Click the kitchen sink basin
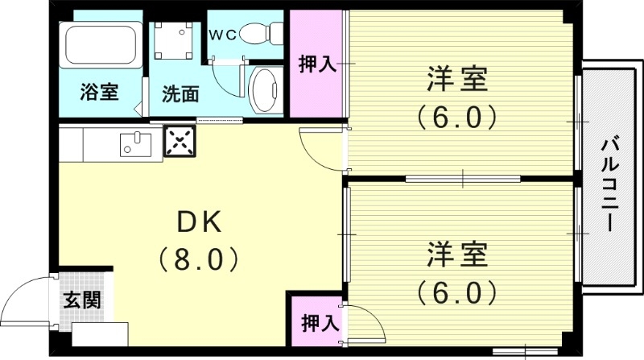[x=134, y=144]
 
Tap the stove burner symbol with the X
[x=180, y=142]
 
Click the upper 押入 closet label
[x=317, y=64]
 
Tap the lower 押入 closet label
[x=319, y=325]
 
